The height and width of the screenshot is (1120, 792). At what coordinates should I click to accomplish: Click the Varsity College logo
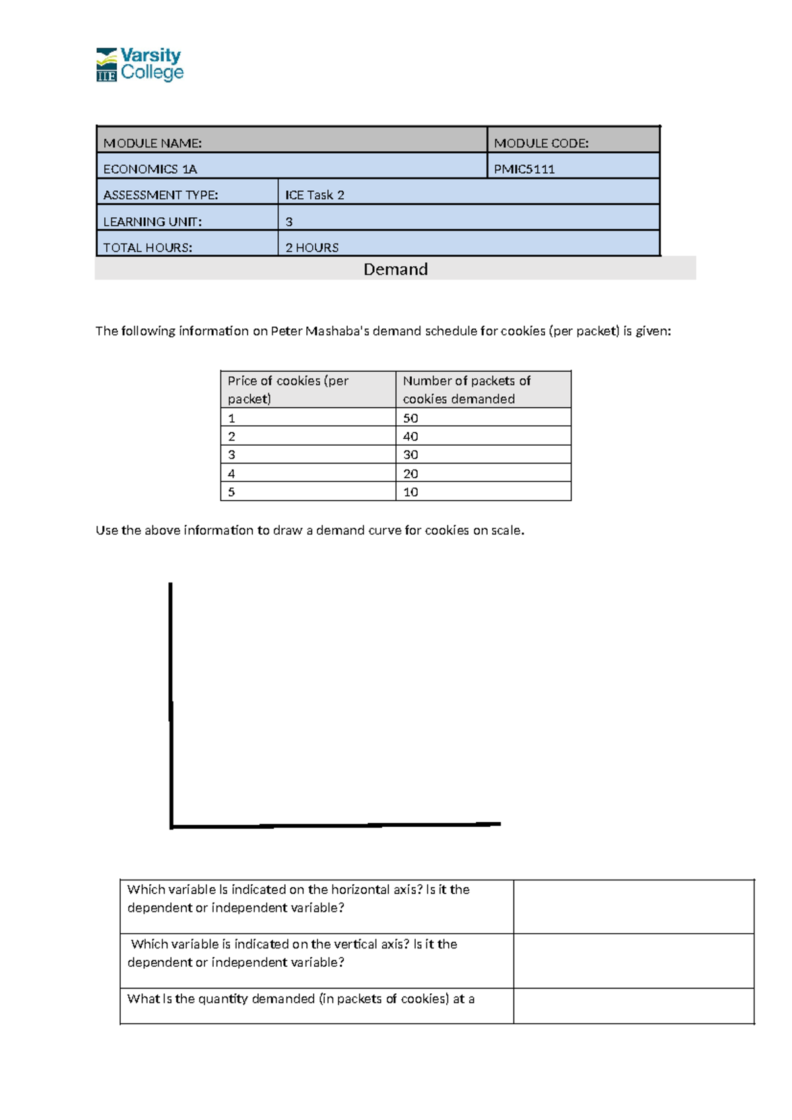tap(140, 64)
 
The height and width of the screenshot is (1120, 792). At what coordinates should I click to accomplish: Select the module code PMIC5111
tap(524, 169)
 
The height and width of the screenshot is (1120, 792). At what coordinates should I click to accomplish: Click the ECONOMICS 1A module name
tap(150, 169)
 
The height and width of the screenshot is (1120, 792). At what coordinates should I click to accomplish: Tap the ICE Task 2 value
tap(315, 195)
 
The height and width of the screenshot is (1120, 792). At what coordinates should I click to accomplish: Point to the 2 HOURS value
tap(312, 248)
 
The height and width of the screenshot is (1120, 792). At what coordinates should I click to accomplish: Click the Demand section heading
tap(395, 269)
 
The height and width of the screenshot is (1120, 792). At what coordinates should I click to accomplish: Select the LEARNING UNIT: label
tap(152, 222)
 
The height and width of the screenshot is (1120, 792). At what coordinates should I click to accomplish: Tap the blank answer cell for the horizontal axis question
tap(634, 906)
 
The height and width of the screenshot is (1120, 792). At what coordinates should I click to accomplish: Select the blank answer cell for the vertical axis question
tap(634, 961)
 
